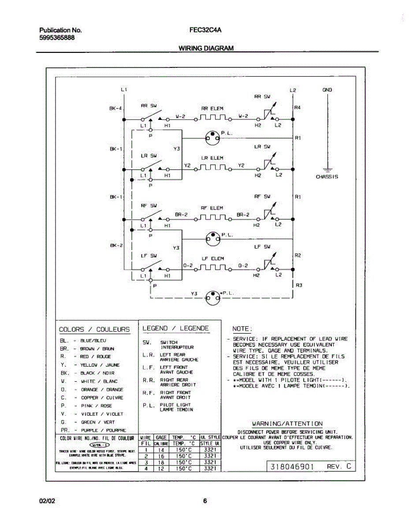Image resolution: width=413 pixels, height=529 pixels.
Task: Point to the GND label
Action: coord(327,90)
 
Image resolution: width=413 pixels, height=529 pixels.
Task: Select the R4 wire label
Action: coord(298,107)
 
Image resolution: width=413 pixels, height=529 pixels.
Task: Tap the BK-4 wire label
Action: coord(115,108)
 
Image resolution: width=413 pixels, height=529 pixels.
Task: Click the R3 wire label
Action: coord(298,285)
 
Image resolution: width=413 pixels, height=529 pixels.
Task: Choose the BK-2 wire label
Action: coord(115,245)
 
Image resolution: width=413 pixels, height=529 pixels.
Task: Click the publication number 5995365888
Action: coord(57,38)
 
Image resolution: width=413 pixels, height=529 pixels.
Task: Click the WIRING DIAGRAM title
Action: coord(206,48)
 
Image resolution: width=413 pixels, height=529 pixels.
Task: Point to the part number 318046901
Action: coord(292,466)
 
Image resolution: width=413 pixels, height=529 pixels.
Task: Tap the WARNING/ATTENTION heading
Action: coord(287,424)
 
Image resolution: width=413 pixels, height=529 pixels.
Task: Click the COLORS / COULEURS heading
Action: coord(94,329)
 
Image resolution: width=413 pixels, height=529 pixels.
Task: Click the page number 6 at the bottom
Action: coord(205,501)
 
